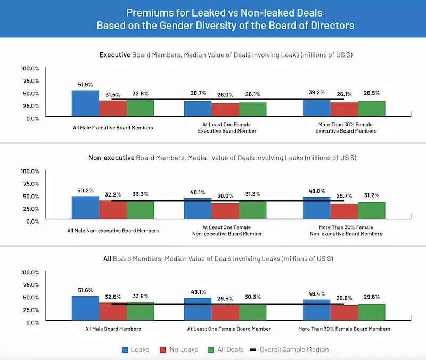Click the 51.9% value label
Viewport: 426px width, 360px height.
pyautogui.click(x=85, y=84)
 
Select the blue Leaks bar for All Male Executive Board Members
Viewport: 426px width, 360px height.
pyautogui.click(x=85, y=103)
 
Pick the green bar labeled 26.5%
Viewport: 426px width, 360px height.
pyautogui.click(x=372, y=109)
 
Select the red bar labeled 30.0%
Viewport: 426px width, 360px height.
pyautogui.click(x=225, y=211)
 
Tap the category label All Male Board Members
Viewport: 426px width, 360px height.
pyautogui.click(x=113, y=329)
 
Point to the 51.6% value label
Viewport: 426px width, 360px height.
pyautogui.click(x=85, y=290)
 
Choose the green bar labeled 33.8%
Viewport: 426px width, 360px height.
pyautogui.click(x=141, y=310)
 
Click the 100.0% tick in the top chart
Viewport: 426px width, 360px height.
pyautogui.click(x=30, y=68)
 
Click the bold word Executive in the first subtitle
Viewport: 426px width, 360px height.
pyautogui.click(x=115, y=54)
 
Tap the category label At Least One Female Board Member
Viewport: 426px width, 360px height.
pyautogui.click(x=228, y=329)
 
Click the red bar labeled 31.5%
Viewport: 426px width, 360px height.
pyautogui.click(x=113, y=108)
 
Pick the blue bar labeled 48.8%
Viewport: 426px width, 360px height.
pyautogui.click(x=316, y=208)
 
